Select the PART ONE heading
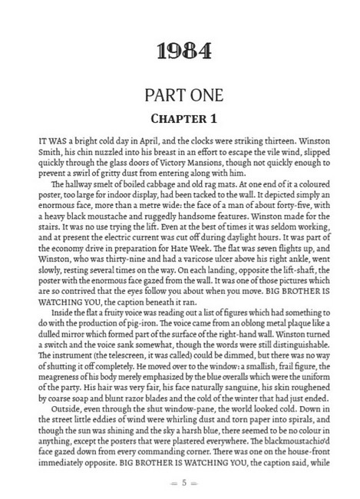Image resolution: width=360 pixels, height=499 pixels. [x=180, y=97]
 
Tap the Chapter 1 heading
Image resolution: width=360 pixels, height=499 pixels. [x=180, y=121]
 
